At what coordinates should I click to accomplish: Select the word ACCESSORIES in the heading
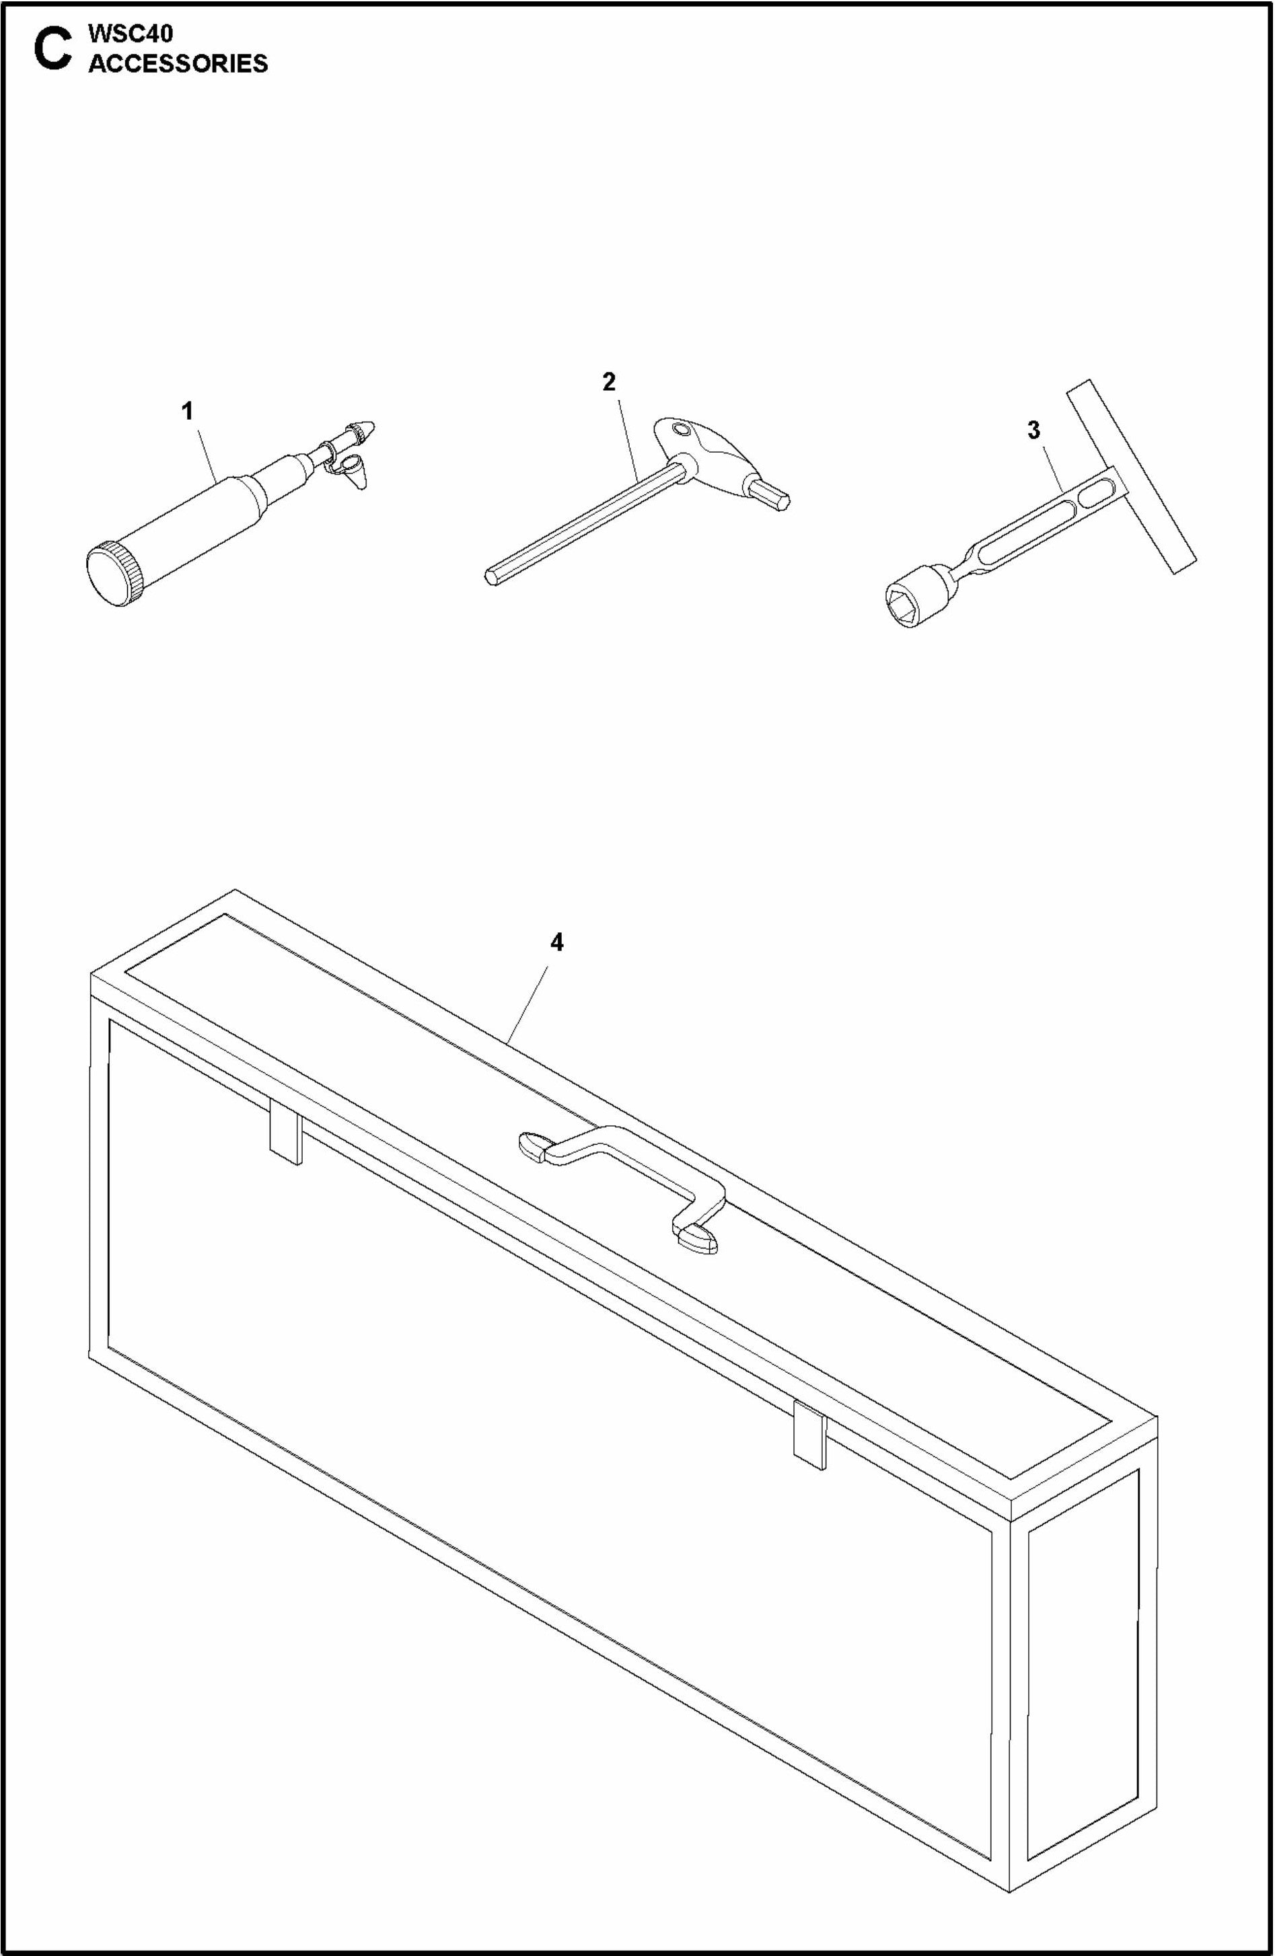click(x=178, y=63)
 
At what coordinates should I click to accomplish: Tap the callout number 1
click(x=188, y=411)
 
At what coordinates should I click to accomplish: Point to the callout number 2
click(x=608, y=381)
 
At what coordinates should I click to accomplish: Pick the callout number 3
click(x=1033, y=429)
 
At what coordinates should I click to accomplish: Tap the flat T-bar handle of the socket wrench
click(x=1131, y=477)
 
